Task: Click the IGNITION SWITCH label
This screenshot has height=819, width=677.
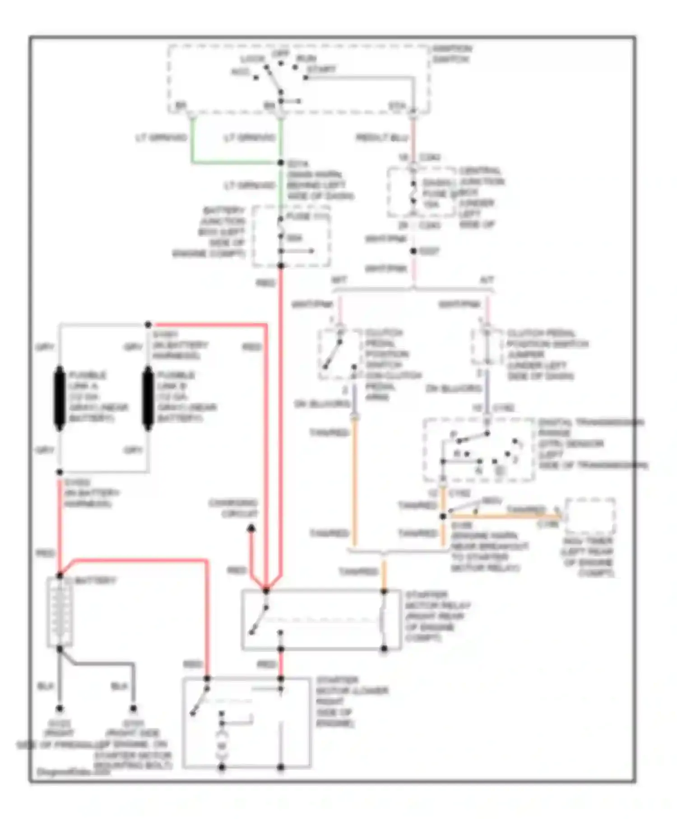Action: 452,54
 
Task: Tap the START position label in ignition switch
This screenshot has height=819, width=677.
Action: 321,69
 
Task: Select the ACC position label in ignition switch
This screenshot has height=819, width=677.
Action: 240,72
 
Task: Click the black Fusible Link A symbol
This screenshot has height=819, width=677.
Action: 60,398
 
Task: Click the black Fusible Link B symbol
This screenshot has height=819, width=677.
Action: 148,398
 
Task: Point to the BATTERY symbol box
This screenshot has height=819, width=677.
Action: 60,612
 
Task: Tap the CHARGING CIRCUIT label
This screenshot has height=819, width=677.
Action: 233,508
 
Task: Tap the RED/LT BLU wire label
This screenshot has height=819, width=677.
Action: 382,137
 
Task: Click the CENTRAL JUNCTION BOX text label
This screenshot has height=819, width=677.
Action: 481,197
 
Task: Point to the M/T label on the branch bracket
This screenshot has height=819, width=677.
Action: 338,280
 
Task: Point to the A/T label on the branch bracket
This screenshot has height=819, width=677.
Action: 487,280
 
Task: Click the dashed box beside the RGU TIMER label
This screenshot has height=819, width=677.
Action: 589,516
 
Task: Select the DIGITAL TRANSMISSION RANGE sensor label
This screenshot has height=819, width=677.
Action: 591,443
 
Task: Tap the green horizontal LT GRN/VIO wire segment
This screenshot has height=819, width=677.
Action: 235,162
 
